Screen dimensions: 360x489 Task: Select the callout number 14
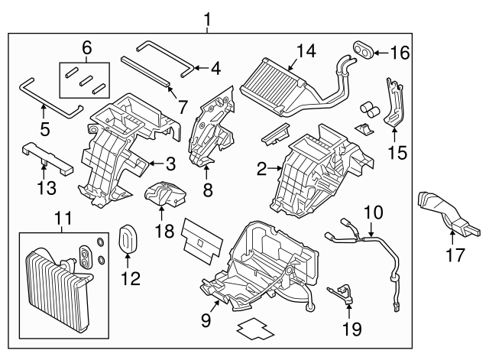pyautogui.click(x=306, y=50)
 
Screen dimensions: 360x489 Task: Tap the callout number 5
pyautogui.click(x=44, y=129)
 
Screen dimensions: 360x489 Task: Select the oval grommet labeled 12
pyautogui.click(x=128, y=238)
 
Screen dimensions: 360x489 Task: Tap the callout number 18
pyautogui.click(x=161, y=230)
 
